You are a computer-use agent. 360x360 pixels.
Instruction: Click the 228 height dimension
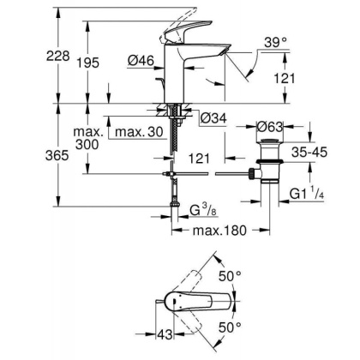pos(34,55)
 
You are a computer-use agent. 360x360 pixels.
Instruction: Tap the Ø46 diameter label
pos(141,60)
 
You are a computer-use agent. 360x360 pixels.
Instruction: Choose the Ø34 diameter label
pos(212,117)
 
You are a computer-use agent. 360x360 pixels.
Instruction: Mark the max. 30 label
pos(140,133)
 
